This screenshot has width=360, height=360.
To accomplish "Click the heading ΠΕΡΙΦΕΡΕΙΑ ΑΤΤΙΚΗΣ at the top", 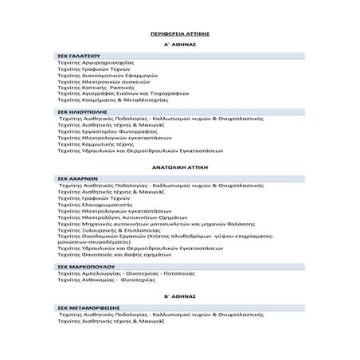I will (179, 36).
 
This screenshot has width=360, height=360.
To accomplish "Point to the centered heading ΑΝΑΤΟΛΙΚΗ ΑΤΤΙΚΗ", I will (179, 169).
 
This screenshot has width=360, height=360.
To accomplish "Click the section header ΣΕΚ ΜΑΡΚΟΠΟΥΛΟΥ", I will (81, 267).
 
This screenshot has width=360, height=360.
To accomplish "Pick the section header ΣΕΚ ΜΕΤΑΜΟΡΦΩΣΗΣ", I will (83, 307).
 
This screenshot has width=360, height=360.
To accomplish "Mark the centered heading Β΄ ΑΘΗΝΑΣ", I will (179, 295).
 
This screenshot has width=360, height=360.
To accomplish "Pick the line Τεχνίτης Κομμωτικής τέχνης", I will (100, 143).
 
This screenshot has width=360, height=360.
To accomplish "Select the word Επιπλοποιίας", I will (135, 229).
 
